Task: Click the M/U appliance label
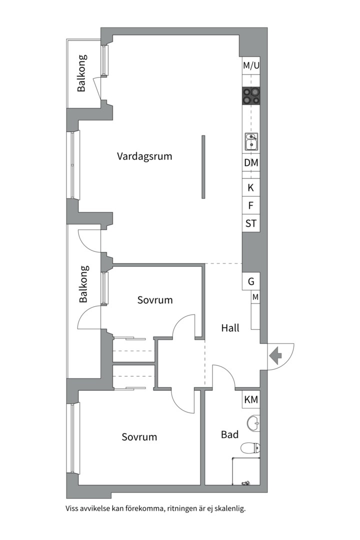pos(251,65)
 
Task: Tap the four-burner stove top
pos(251,95)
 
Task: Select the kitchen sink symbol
pos(251,142)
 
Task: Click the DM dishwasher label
pos(251,162)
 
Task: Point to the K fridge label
pos(251,188)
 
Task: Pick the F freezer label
pos(251,205)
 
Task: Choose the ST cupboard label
pos(251,223)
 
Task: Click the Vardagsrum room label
pos(144,156)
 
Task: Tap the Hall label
pos(230,328)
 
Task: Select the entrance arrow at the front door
pos(275,356)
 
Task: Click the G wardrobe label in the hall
pos(251,281)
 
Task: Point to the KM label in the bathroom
pos(251,399)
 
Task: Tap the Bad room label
pos(230,435)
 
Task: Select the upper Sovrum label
pos(155,300)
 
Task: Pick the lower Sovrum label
pos(139,437)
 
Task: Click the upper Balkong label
pos(81,73)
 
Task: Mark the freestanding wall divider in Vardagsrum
pos(203,166)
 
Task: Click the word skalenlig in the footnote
pos(227,508)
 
